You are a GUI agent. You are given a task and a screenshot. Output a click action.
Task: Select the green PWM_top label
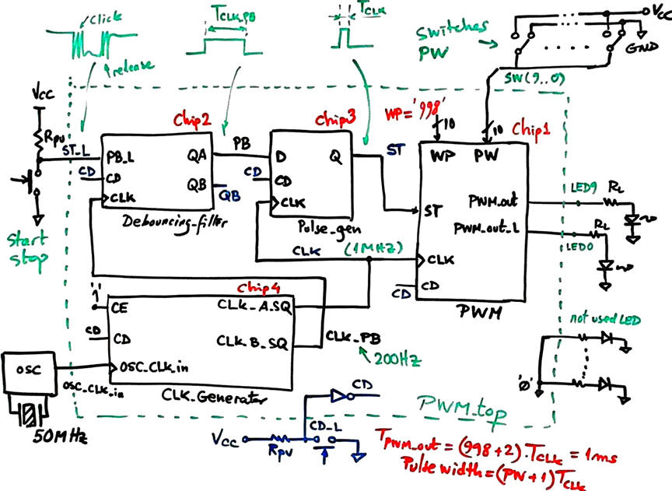(x=456, y=404)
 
